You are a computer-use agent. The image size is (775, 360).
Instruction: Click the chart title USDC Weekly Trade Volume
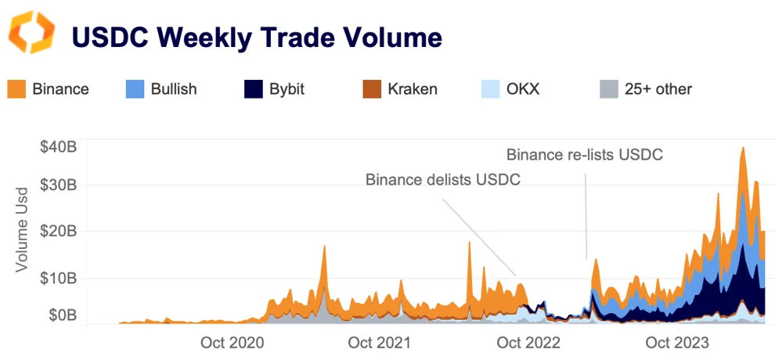click(x=257, y=36)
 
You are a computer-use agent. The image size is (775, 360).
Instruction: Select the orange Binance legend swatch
click(x=16, y=88)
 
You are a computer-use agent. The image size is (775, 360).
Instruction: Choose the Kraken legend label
click(x=412, y=88)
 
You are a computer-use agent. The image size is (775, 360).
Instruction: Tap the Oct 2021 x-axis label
click(x=379, y=343)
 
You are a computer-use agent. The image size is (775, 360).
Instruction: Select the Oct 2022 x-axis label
click(x=529, y=343)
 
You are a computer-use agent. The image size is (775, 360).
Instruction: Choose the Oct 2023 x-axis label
click(x=677, y=343)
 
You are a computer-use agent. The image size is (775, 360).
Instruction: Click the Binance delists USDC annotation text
click(x=443, y=180)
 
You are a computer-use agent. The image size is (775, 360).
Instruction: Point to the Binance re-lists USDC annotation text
click(x=585, y=154)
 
